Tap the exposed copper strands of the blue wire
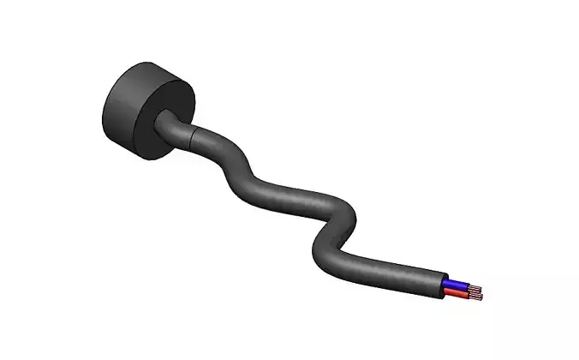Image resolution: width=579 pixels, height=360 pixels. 474,289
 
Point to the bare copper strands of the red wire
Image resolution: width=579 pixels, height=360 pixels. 473,297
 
